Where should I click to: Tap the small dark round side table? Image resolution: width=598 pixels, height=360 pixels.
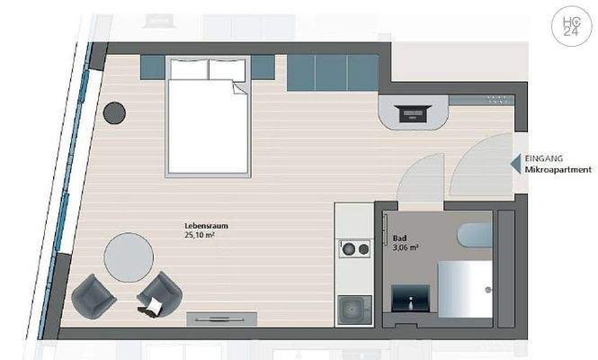[x=115, y=112]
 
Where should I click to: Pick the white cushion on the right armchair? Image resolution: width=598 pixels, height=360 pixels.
[x=152, y=307]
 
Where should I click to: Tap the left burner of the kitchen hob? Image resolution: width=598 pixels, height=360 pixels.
[x=345, y=248]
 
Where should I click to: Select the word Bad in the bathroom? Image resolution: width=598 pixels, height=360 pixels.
[x=400, y=238]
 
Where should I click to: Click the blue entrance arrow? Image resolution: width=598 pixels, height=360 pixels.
[x=515, y=163]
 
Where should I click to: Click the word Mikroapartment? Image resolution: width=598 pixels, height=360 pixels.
[x=558, y=168]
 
